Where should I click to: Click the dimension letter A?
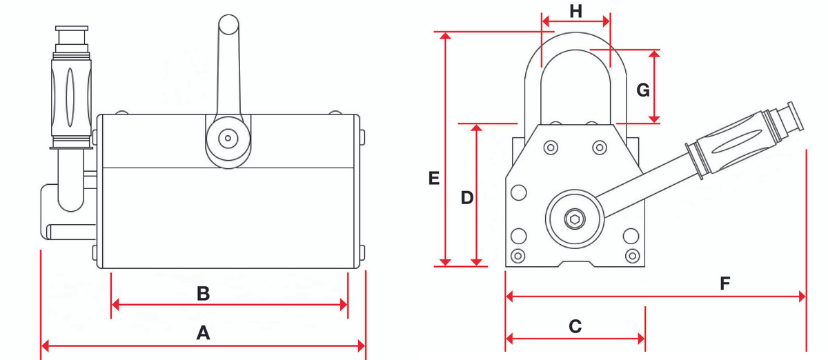[x=203, y=334]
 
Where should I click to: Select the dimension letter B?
[x=203, y=294]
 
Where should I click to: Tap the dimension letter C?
[x=575, y=326]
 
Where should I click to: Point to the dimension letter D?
[x=467, y=198]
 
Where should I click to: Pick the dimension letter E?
[x=434, y=179]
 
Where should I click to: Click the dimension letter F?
[x=724, y=283]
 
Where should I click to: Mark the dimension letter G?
[x=642, y=90]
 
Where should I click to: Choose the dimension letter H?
[x=576, y=11]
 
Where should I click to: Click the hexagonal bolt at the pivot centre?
[x=575, y=219]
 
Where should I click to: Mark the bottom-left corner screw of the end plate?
[x=518, y=256]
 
